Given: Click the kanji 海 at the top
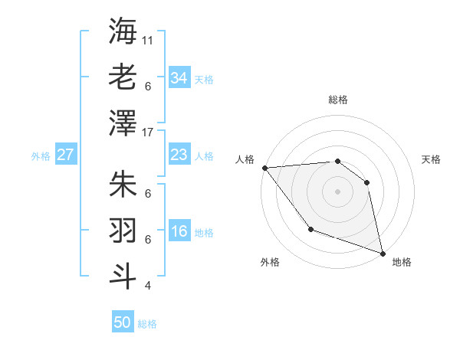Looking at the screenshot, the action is (x=123, y=30).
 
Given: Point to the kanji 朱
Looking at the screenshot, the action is (x=123, y=184).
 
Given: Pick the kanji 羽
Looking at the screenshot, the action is (x=123, y=229).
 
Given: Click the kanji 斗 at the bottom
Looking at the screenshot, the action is (x=123, y=275).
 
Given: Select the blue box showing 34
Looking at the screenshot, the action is (x=179, y=78).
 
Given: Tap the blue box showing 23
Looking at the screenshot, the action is (x=179, y=155).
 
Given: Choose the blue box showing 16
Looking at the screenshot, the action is (x=179, y=232).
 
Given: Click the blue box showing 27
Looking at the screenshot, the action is (x=65, y=155).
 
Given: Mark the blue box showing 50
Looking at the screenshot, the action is (x=123, y=322).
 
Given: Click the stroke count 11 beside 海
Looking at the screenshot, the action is (x=148, y=39).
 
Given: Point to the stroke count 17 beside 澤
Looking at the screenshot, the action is (x=148, y=132).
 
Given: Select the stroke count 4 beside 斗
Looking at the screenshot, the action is (x=147, y=286).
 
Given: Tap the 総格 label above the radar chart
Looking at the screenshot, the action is (x=337, y=100).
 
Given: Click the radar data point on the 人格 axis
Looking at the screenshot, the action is (x=264, y=167).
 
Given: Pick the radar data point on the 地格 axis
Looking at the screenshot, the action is (x=383, y=253).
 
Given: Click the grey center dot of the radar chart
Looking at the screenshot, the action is (x=337, y=191).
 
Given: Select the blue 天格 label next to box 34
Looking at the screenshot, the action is (x=203, y=79).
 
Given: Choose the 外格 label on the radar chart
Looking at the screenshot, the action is (x=269, y=263).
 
